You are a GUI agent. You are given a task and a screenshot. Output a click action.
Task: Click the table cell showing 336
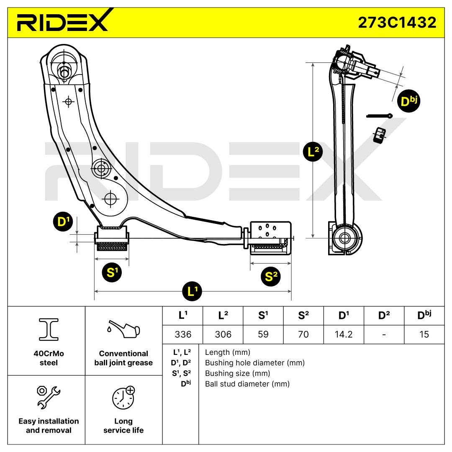182,334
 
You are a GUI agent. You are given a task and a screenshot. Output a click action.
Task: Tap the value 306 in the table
223,334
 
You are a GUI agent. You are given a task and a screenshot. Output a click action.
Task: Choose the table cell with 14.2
343,334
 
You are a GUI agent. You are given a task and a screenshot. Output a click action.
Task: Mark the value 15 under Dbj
424,334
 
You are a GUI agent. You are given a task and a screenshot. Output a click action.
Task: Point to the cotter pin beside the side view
379,116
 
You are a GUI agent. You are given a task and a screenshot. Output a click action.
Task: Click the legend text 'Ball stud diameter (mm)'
247,383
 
